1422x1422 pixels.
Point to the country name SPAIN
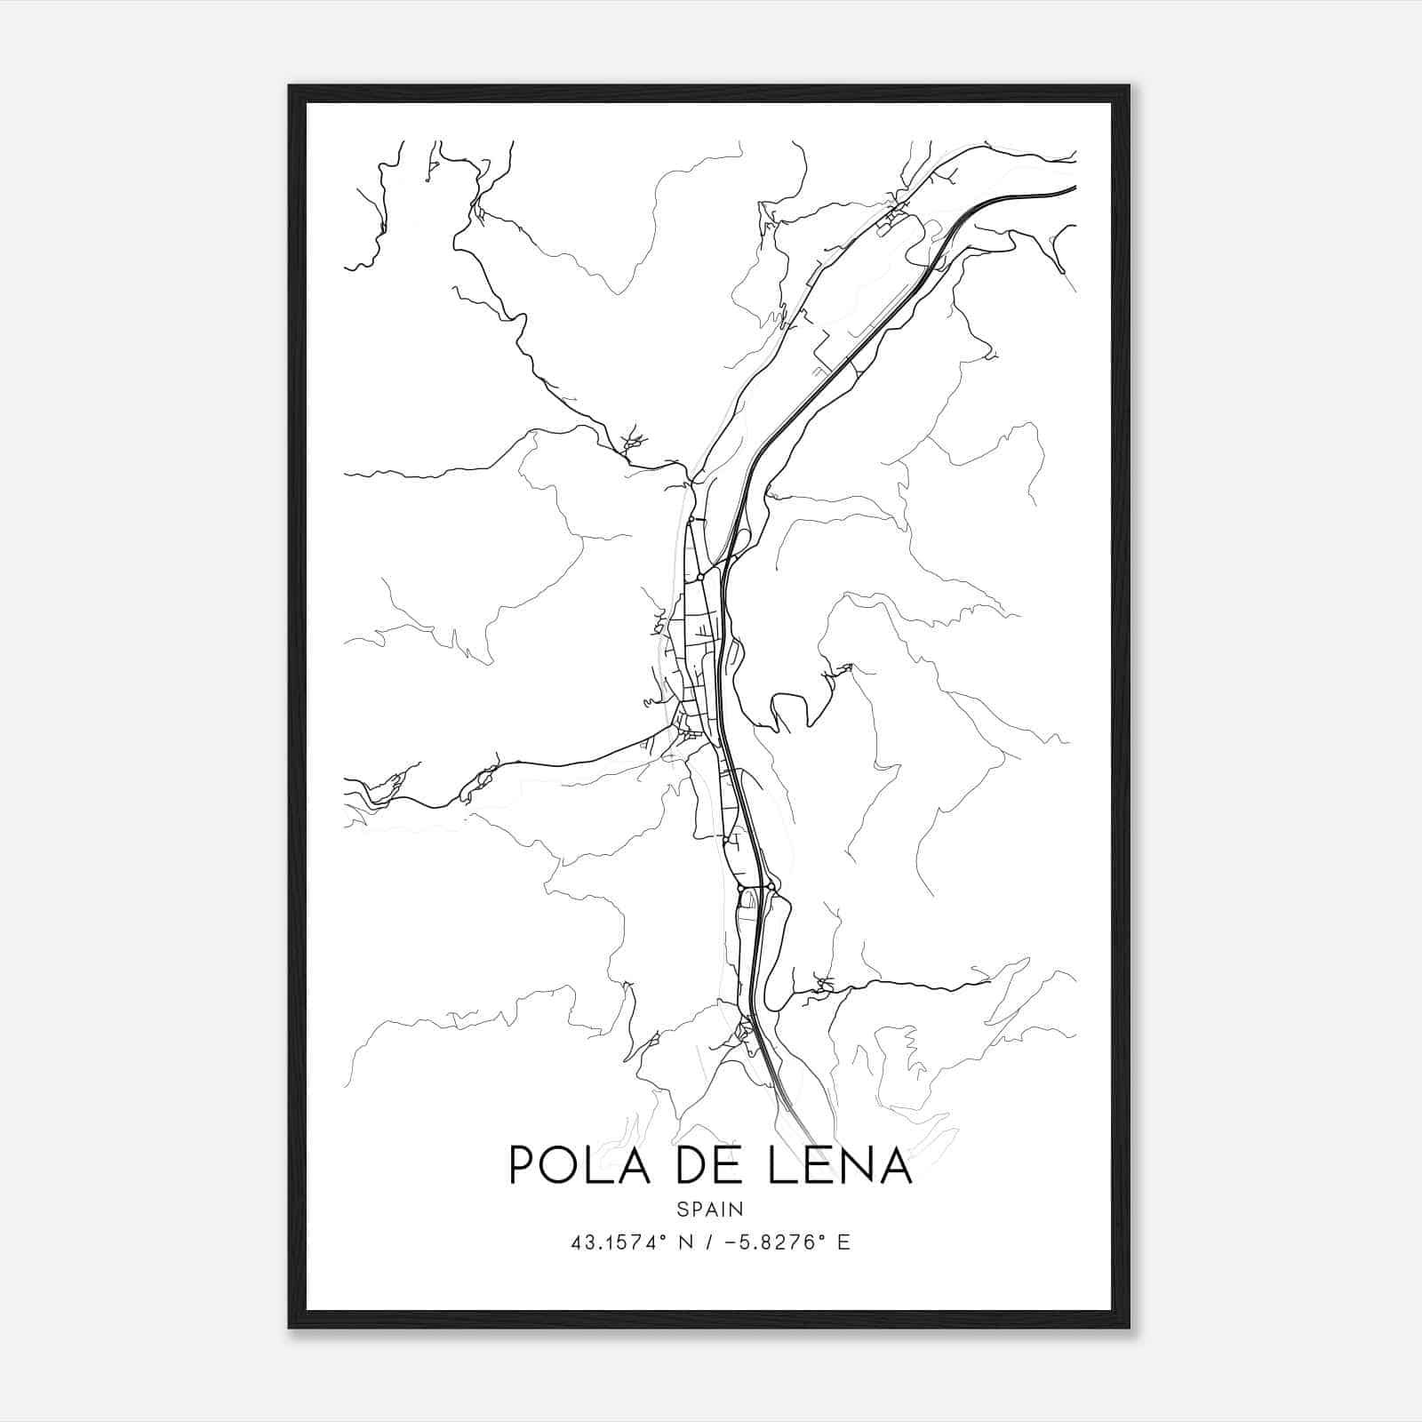[x=709, y=1209]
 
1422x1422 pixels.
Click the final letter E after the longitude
[x=844, y=1242]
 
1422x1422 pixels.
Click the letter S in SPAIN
[x=682, y=1209]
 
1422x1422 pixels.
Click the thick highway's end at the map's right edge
[x=1075, y=188]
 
